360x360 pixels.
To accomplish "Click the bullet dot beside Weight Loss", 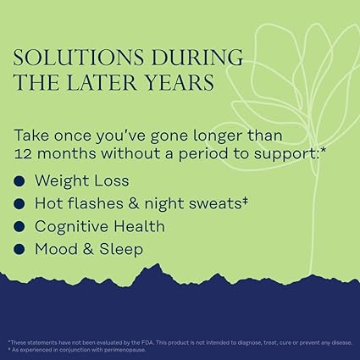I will pyautogui.click(x=19, y=181).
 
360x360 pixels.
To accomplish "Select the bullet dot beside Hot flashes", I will pyautogui.click(x=19, y=204).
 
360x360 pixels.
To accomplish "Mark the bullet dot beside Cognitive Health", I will pyautogui.click(x=19, y=227).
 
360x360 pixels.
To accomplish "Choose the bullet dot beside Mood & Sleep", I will pyautogui.click(x=19, y=250).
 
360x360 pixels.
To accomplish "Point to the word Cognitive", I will pyautogui.click(x=74, y=227).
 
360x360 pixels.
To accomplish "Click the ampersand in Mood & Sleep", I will pyautogui.click(x=88, y=250).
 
